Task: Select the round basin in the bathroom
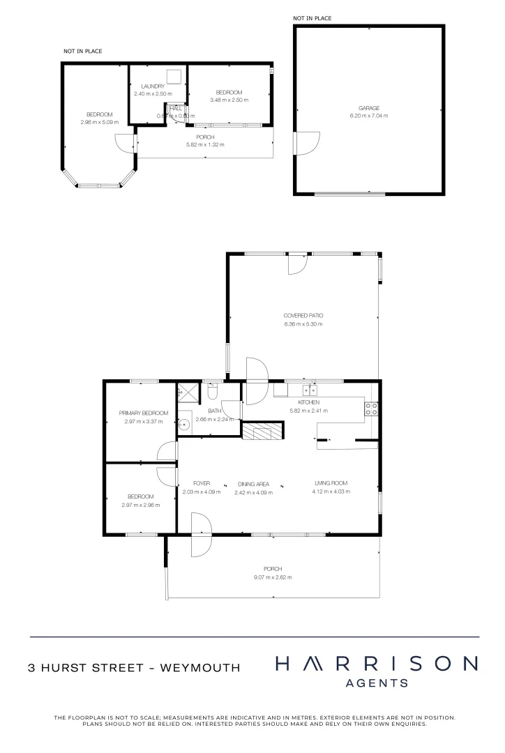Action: click(186, 423)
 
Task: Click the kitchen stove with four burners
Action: click(371, 409)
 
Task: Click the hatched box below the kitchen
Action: click(262, 432)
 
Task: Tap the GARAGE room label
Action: click(369, 108)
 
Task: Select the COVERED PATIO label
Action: click(303, 315)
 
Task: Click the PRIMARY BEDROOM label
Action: click(143, 413)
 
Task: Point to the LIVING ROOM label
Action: click(330, 483)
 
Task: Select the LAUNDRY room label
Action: click(152, 86)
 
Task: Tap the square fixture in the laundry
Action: click(174, 76)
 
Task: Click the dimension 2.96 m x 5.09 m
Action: click(99, 122)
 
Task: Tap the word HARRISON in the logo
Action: click(377, 664)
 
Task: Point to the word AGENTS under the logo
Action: click(377, 684)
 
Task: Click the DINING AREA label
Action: click(253, 483)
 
